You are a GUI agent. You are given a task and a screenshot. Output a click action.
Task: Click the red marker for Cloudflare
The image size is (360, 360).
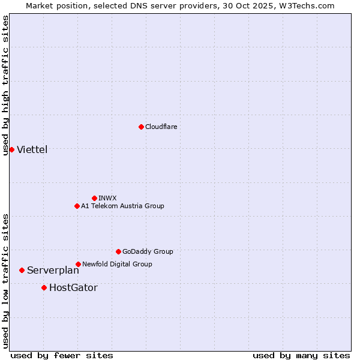coord(141,127)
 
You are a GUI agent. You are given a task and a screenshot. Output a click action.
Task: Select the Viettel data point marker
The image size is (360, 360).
coord(11,149)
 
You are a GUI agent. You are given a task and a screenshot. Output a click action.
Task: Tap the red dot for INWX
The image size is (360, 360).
coord(94,198)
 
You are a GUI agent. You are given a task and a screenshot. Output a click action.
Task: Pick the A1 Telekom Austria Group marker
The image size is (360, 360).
coord(77,206)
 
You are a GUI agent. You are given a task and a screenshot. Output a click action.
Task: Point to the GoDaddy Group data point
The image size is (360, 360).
coord(118,251)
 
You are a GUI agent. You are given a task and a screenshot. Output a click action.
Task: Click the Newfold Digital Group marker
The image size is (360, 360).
coord(78,264)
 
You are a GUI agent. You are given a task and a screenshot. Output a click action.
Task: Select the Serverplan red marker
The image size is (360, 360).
coord(22,270)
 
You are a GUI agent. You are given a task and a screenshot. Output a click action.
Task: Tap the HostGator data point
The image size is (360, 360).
coord(44,287)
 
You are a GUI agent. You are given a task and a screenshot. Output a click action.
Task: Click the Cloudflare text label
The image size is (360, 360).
coord(161,127)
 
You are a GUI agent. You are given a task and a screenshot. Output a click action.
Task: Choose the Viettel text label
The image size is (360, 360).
coord(32,149)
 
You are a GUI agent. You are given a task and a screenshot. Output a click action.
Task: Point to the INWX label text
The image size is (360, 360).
coord(107,198)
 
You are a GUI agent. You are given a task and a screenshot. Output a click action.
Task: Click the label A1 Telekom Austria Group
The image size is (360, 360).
coord(122,206)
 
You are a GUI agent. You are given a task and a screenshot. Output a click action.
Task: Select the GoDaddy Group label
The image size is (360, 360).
coord(148,251)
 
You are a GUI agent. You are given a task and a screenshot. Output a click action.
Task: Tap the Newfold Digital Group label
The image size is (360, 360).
coord(117,264)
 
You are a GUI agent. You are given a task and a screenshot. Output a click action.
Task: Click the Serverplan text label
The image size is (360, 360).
coord(53,270)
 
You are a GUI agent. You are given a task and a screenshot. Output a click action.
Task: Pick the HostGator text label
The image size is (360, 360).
coord(73,287)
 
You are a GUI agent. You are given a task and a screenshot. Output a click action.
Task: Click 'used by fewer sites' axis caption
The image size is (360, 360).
coord(62,355)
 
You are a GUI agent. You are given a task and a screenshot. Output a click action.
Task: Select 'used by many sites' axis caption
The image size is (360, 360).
coord(301,355)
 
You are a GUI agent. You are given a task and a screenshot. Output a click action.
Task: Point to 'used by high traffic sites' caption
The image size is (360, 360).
coord(5,86)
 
